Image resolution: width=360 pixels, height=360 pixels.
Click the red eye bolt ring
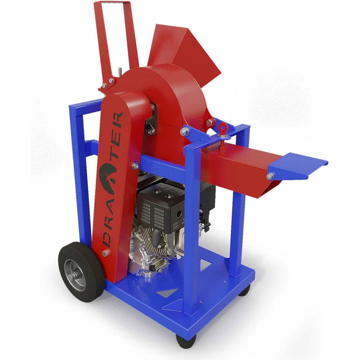222,127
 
